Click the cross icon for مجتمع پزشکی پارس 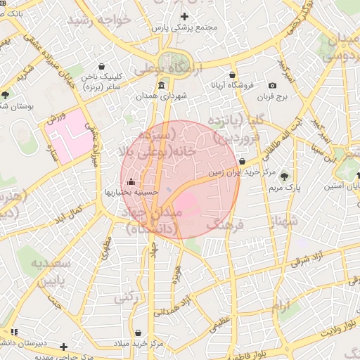(184, 16)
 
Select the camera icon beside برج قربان (273, 86)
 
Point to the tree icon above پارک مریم (284, 176)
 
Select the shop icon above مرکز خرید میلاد (138, 332)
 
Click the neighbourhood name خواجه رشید (99, 19)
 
